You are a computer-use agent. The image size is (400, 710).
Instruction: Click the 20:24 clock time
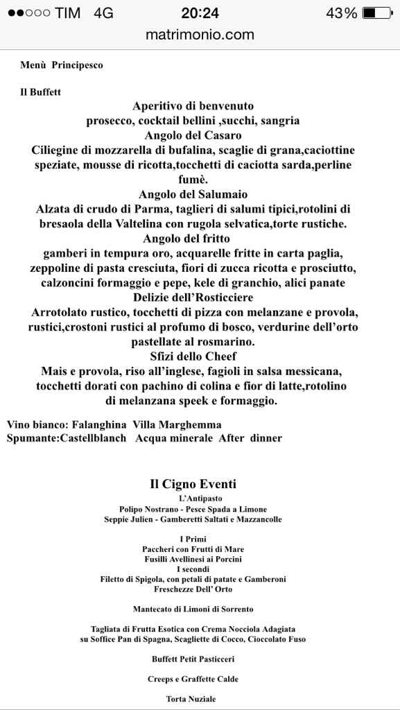click(x=200, y=13)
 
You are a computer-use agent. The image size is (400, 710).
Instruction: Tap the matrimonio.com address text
click(x=200, y=35)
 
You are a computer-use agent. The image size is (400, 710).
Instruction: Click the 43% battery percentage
click(x=342, y=13)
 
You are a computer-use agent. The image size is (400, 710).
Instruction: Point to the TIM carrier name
click(x=67, y=13)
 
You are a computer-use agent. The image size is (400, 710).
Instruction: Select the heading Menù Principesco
click(x=62, y=65)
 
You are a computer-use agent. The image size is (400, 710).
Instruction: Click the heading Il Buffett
click(x=40, y=92)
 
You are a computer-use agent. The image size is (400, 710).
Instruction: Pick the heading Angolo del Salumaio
click(x=193, y=194)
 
